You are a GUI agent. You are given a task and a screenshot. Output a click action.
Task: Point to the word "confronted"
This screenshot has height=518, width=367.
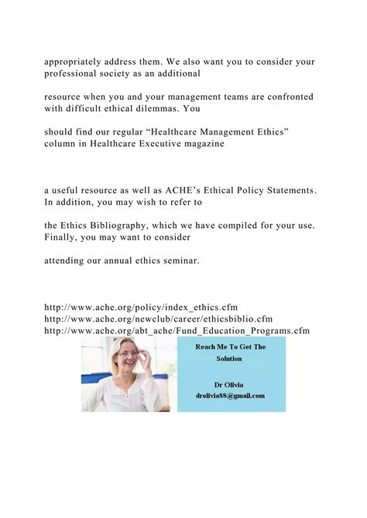(286, 97)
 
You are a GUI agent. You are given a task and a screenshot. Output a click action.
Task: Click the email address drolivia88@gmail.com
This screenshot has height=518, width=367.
(231, 395)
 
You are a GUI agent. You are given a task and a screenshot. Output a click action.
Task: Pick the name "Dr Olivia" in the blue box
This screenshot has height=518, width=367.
(231, 383)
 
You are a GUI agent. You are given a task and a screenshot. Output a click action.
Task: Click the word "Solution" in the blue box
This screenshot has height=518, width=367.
(231, 360)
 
